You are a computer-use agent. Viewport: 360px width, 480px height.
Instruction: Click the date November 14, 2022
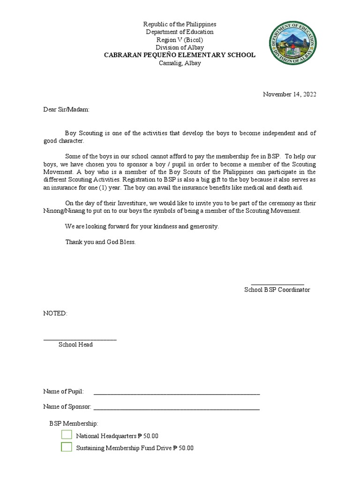(x=289, y=94)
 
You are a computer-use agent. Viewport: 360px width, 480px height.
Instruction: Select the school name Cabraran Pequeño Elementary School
(x=180, y=55)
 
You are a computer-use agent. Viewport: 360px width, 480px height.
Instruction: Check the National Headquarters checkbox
(x=67, y=435)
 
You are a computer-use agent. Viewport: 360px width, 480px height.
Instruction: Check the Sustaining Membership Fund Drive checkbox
(x=67, y=447)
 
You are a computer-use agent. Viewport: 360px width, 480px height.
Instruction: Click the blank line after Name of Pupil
(x=177, y=393)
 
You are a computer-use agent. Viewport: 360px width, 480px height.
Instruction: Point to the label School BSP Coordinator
(x=277, y=290)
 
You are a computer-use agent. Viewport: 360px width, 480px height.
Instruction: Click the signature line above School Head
(x=80, y=338)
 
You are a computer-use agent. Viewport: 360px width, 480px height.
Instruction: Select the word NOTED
(x=55, y=313)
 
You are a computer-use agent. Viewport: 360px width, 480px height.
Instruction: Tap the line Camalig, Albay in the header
(x=180, y=63)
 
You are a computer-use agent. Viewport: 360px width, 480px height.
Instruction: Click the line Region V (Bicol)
(x=180, y=40)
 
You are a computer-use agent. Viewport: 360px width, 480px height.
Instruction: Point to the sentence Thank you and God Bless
(x=100, y=242)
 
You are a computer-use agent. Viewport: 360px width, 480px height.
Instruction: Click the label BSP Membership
(x=74, y=423)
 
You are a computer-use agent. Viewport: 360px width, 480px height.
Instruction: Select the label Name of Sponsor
(x=67, y=406)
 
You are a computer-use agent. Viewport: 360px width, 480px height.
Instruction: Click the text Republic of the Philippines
(x=180, y=24)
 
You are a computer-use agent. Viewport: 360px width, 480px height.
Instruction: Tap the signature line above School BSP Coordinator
(x=277, y=284)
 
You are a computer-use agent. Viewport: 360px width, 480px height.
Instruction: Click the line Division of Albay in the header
(x=180, y=47)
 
